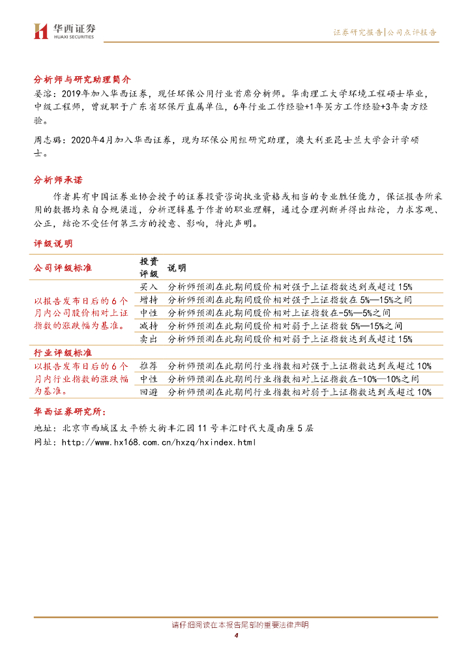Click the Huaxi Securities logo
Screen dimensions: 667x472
[64, 30]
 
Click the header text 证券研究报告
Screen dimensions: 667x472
[357, 32]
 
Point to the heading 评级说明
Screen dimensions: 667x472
[53, 244]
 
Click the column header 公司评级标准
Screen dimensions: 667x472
[63, 268]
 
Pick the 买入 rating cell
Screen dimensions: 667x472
[149, 287]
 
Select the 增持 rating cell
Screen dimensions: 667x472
[149, 300]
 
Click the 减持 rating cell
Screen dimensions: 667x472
[149, 326]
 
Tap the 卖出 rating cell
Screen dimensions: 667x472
[149, 339]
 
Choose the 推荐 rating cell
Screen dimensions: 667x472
[149, 365]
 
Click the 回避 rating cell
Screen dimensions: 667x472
[149, 392]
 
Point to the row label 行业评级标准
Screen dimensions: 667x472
[63, 352]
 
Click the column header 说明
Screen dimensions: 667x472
[177, 268]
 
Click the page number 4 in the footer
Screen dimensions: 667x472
[236, 636]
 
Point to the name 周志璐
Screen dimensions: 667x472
[46, 139]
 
